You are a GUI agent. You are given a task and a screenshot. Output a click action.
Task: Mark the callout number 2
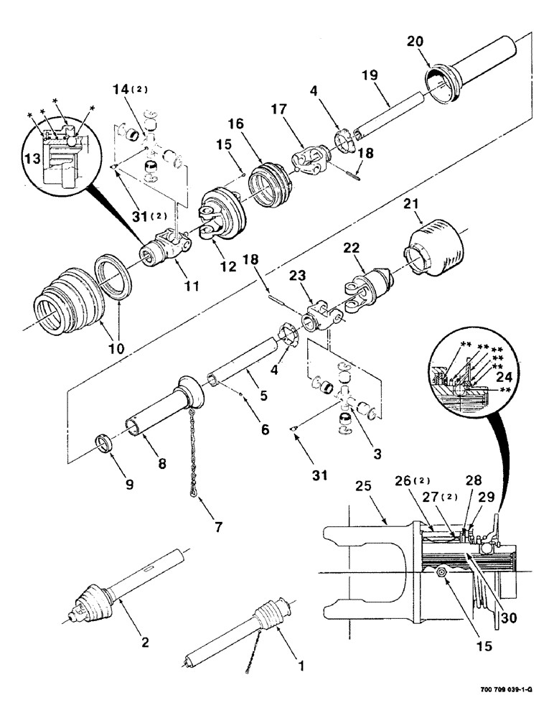146,641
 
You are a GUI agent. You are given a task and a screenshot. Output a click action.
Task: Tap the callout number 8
162,464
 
